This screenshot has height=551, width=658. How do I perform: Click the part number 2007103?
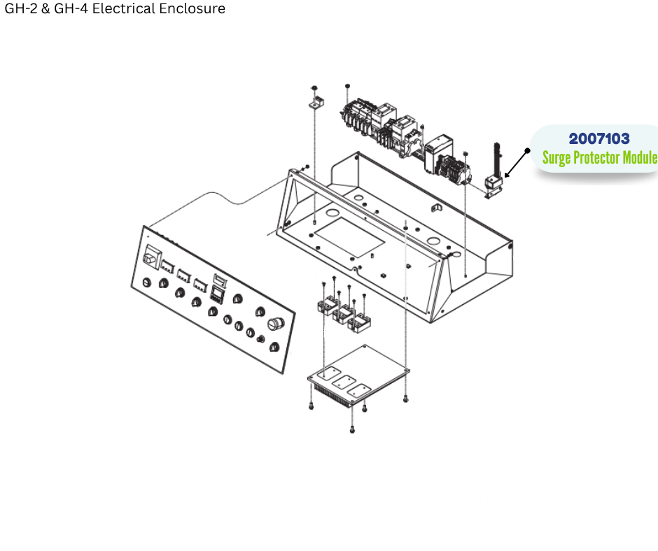[x=599, y=139]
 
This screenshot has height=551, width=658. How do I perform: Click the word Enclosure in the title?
[x=193, y=9]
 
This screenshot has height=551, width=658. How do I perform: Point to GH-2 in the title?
[x=20, y=9]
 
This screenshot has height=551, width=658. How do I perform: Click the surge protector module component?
[x=495, y=183]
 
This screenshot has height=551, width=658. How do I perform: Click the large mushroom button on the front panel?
[x=275, y=325]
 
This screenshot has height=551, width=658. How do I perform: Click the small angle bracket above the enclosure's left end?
[x=316, y=103]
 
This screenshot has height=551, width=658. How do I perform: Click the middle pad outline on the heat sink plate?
[x=346, y=382]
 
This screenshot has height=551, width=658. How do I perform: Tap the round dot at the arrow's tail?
[x=528, y=150]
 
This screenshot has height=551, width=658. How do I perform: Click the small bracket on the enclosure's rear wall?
[x=435, y=208]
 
